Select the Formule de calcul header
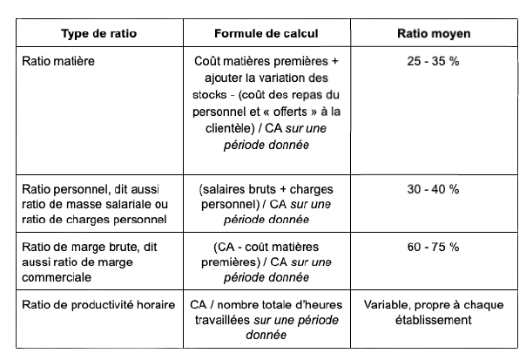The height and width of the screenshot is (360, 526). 266,34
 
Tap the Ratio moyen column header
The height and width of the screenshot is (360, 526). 434,34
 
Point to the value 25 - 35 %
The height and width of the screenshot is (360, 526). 434,64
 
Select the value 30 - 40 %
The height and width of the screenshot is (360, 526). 434,189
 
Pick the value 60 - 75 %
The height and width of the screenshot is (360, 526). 434,247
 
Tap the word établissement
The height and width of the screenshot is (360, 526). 433,320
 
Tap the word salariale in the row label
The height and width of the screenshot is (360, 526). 118,204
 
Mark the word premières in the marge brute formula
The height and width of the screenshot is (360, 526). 230,262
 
